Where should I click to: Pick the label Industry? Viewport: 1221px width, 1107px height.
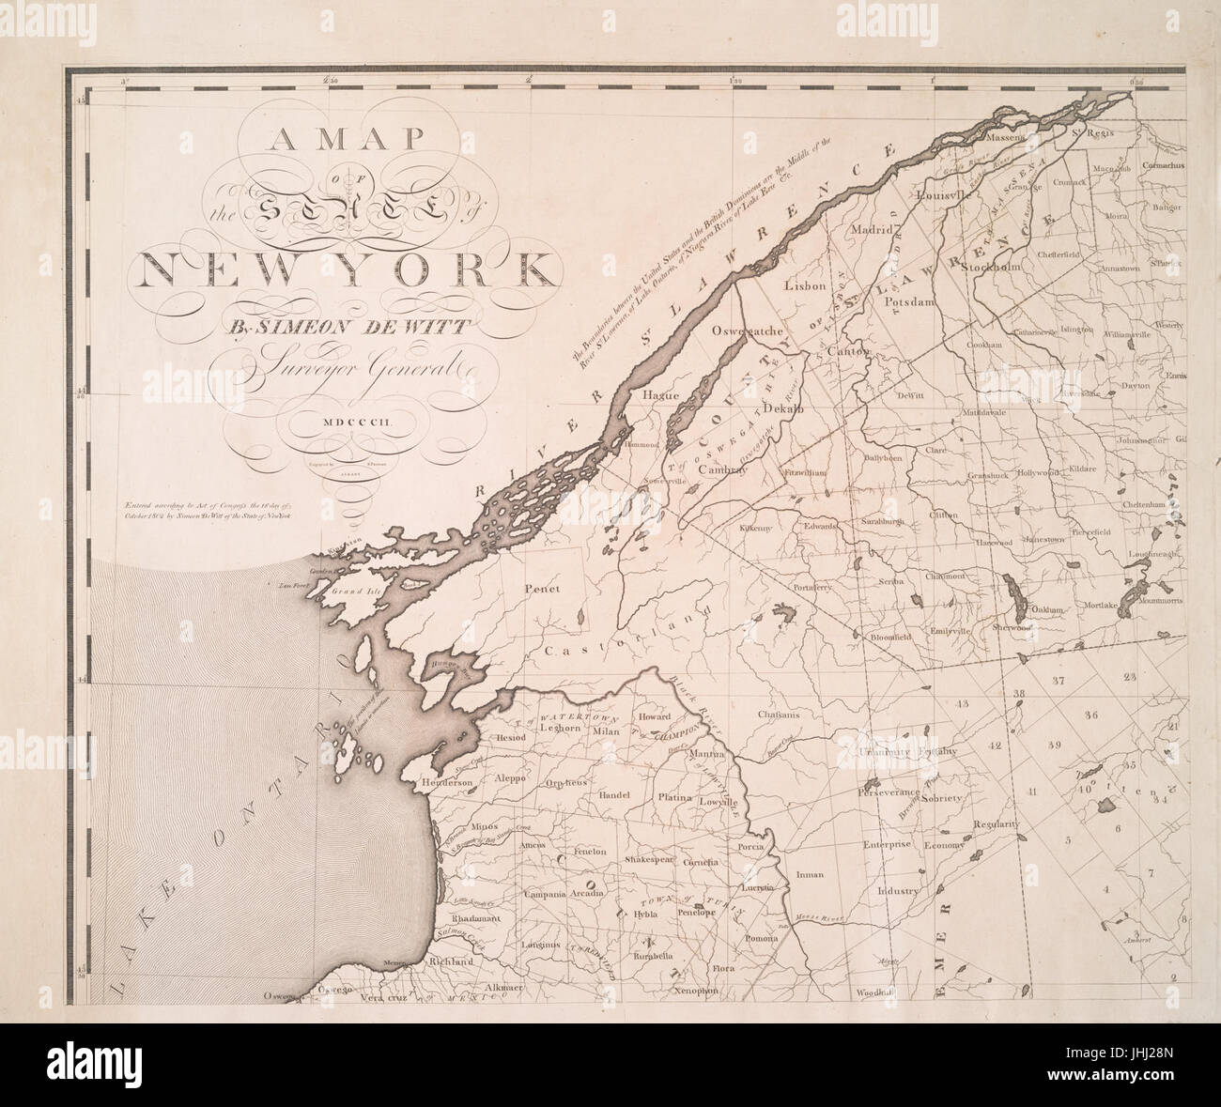898,889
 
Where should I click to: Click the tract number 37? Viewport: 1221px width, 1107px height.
1059,679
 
